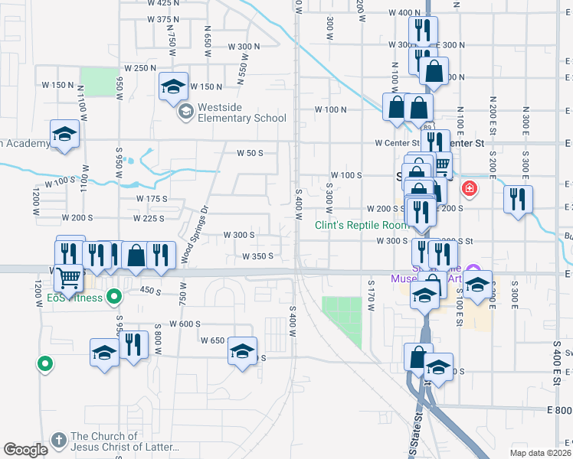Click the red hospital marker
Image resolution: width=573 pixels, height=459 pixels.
pyautogui.click(x=467, y=188)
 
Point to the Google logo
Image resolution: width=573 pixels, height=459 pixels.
pyautogui.click(x=25, y=450)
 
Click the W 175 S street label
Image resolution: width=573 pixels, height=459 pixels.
pyautogui.click(x=152, y=199)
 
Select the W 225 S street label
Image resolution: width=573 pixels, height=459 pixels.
pyautogui.click(x=149, y=219)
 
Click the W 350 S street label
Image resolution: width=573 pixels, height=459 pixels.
pyautogui.click(x=258, y=257)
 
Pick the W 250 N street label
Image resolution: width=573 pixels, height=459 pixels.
pyautogui.click(x=140, y=68)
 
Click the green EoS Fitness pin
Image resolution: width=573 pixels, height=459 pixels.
pyautogui.click(x=114, y=295)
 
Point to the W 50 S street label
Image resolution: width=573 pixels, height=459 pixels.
pyautogui.click(x=250, y=153)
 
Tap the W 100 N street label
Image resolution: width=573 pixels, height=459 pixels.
pyautogui.click(x=331, y=109)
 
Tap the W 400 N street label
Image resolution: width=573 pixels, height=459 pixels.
pyautogui.click(x=404, y=13)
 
